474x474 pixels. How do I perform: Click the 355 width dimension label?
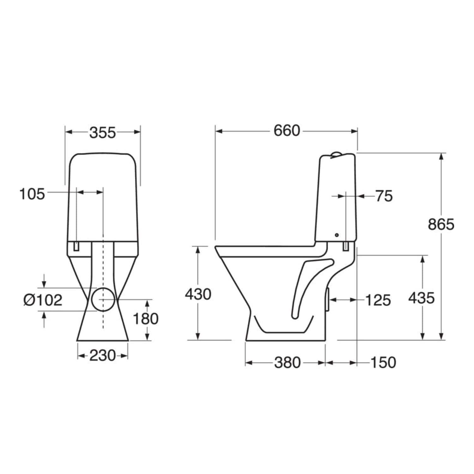tap(103, 133)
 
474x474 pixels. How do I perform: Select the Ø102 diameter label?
tap(43, 300)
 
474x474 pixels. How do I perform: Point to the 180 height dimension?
tap(145, 319)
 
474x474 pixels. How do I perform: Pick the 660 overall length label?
tap(287, 131)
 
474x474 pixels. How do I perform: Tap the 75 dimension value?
tap(384, 196)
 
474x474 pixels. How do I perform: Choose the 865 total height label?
tap(441, 224)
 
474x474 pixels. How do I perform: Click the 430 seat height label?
tap(198, 295)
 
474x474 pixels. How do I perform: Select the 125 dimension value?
tap(378, 300)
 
